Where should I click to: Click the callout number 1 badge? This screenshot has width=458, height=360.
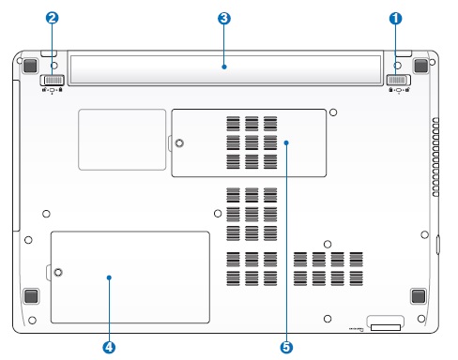(x=395, y=19)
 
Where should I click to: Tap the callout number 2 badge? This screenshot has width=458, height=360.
(x=52, y=18)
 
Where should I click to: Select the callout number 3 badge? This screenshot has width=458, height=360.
(x=224, y=19)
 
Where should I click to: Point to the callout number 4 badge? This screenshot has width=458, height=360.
(x=109, y=347)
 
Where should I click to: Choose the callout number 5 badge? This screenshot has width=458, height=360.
(x=286, y=347)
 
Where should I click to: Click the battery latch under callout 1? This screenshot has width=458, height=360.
(x=399, y=80)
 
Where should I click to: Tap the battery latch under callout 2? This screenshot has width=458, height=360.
(x=53, y=81)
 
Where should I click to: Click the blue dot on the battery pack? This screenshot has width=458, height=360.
(x=224, y=67)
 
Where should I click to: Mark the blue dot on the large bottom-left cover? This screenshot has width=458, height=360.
(x=109, y=277)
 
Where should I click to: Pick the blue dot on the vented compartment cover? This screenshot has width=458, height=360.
(x=286, y=142)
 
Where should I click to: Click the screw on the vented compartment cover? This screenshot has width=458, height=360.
(x=179, y=143)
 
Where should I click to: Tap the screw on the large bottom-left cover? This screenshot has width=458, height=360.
(x=58, y=272)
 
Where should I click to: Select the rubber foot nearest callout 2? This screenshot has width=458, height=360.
(x=30, y=66)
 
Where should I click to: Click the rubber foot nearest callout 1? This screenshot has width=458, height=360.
(x=420, y=66)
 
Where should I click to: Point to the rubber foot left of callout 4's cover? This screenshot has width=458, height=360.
(x=31, y=296)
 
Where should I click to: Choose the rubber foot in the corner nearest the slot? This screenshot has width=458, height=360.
(x=419, y=296)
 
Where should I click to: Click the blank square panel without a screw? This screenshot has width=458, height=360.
(x=122, y=140)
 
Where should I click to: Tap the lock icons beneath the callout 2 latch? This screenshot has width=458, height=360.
(x=53, y=90)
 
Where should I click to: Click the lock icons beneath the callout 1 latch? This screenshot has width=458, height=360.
(x=399, y=90)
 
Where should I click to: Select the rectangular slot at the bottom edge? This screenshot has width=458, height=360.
(x=386, y=327)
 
